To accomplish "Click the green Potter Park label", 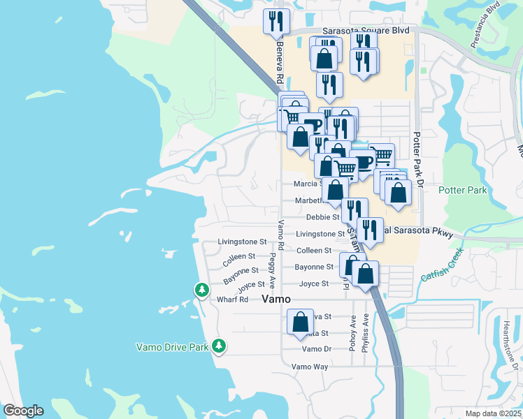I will point(462,190).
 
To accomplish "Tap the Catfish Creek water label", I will point(443,267).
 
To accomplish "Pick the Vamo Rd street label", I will point(280,235).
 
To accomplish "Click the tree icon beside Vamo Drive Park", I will point(219,346).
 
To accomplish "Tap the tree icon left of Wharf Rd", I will point(201,289).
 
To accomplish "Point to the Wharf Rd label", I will point(233,300).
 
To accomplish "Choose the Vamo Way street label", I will point(310,366).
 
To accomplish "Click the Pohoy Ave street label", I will point(353,334).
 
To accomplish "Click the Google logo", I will point(22,411).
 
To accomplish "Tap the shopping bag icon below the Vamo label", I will point(300,323).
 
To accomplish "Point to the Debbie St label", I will point(327,217).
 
